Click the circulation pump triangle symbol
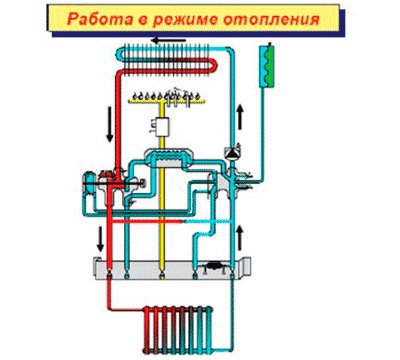[x=234, y=153]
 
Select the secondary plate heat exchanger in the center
[x=175, y=158]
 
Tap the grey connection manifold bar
[x=170, y=268]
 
